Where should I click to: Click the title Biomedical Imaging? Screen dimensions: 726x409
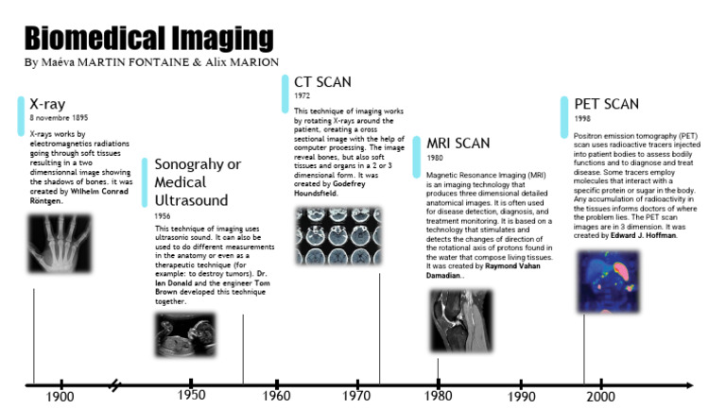(149, 38)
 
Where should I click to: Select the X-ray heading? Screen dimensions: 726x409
(47, 104)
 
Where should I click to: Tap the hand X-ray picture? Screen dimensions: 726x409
(60, 244)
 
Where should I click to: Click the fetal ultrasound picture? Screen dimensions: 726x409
(185, 334)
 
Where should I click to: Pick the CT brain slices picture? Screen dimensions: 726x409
(338, 236)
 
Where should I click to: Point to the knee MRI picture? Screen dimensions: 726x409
(461, 320)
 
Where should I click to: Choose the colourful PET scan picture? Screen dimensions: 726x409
(609, 281)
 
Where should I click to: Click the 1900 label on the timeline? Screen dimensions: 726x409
(60, 397)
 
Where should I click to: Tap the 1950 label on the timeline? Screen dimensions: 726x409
(191, 395)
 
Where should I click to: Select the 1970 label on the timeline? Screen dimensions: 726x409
(356, 396)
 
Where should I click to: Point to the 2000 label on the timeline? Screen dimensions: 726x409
(600, 397)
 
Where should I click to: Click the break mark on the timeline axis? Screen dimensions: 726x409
(114, 385)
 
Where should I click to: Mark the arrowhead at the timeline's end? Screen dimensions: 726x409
(689, 385)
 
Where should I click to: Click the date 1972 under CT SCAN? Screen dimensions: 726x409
(302, 95)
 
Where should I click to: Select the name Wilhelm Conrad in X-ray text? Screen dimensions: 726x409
(99, 191)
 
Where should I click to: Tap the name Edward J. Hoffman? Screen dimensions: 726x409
(643, 235)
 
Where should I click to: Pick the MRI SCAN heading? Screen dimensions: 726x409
(458, 144)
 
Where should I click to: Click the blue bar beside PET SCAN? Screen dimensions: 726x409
(564, 117)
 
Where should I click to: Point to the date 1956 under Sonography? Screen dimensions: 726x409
(163, 216)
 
